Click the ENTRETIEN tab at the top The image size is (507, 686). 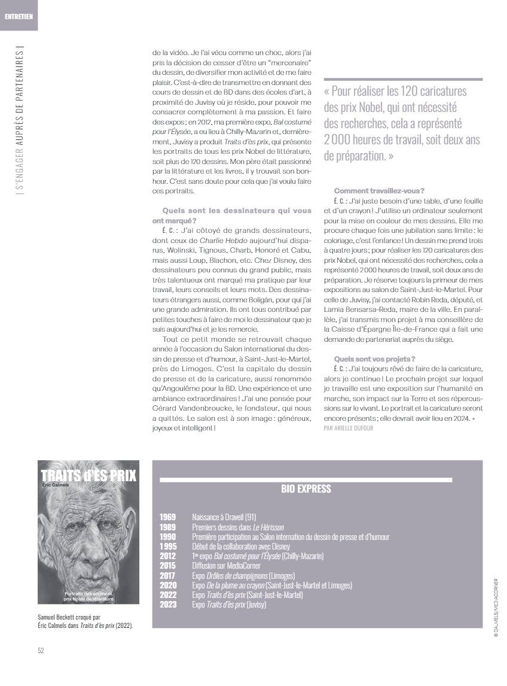coord(19,16)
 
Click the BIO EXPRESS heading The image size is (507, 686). coord(306,489)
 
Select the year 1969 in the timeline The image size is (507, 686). coord(168,516)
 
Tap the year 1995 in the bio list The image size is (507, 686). coord(168,547)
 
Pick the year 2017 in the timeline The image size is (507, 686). coord(168,575)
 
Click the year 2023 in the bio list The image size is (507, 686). coord(168,605)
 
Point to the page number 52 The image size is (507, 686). coord(41,651)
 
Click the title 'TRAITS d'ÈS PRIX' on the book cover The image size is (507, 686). coord(88,476)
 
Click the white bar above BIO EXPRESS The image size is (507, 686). coord(306,479)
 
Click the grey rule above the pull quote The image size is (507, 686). coord(402,79)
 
